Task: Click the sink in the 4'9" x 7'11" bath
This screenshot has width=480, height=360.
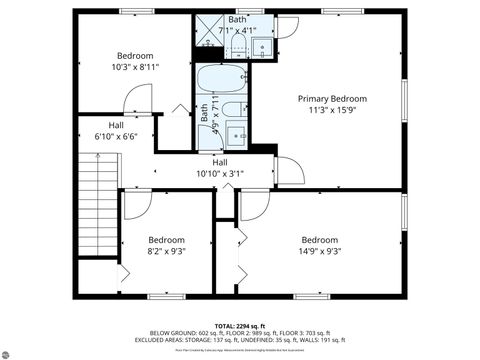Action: (237, 135)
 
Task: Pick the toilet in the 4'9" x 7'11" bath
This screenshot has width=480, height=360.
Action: (231, 111)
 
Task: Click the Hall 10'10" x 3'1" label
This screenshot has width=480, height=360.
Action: (219, 167)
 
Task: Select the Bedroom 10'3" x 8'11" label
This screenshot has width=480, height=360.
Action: (135, 61)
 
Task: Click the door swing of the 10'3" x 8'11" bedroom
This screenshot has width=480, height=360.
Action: (137, 100)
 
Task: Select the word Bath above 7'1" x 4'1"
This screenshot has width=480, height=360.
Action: (237, 20)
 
